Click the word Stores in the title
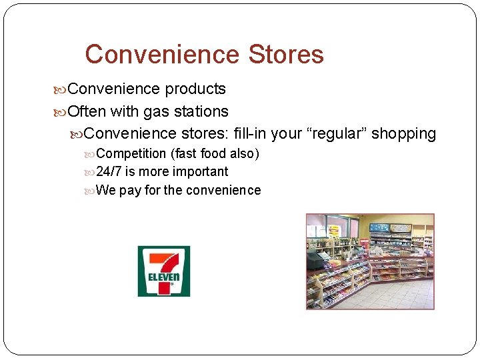pos(285,54)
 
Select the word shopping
pos(403,133)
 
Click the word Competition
pos(131,153)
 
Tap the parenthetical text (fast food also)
pos(215,153)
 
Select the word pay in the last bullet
pos(130,190)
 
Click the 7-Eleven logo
pos(163,271)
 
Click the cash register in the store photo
pos(314,259)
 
